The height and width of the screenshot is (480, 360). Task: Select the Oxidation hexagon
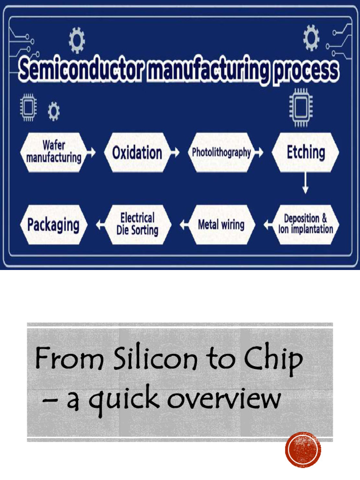(137, 152)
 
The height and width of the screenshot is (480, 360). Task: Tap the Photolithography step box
(221, 152)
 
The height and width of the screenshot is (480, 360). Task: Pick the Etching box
(306, 152)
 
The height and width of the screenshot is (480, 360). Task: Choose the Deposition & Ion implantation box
(306, 224)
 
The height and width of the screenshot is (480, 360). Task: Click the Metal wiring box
(221, 225)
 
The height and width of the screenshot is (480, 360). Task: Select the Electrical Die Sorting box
(137, 224)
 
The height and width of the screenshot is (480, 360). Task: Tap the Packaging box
(53, 225)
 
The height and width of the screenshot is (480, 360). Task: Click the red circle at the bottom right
(303, 450)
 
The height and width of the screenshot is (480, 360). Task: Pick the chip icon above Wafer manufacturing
(29, 107)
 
